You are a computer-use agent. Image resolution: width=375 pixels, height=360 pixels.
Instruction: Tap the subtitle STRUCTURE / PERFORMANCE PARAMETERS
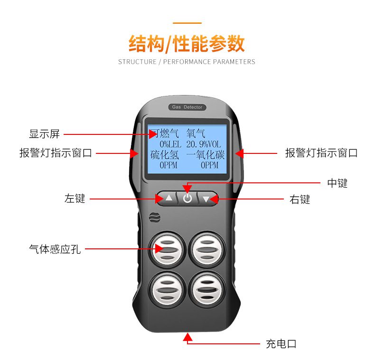[x=187, y=62]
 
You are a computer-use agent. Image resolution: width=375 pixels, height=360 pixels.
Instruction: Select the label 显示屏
[x=45, y=134]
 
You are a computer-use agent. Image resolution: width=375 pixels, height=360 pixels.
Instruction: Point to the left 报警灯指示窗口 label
[x=56, y=153]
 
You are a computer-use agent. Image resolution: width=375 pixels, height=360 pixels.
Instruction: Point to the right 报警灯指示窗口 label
[x=321, y=153]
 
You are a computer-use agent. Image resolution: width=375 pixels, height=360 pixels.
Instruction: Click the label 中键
[x=337, y=183]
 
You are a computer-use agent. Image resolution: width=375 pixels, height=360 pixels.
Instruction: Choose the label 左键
[x=75, y=199]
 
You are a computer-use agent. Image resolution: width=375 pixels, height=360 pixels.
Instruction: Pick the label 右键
[x=300, y=199]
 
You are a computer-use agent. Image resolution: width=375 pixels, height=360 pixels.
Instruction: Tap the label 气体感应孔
[x=55, y=248]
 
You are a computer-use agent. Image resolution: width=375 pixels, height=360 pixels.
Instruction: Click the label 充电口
[x=281, y=343]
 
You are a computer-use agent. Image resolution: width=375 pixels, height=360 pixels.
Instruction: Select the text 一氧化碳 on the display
[x=206, y=155]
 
